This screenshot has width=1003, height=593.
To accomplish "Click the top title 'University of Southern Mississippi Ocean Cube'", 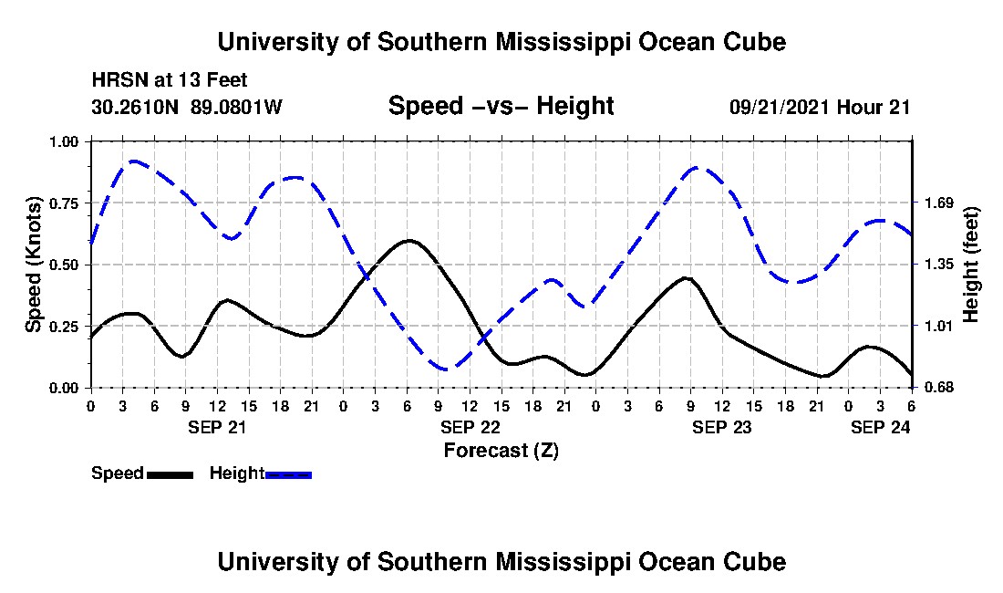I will tap(501, 42).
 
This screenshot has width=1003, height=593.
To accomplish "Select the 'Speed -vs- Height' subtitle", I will tap(501, 106).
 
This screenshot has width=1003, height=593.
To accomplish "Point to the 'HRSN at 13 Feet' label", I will tap(170, 81).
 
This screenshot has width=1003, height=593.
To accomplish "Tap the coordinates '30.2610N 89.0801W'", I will tap(187, 107).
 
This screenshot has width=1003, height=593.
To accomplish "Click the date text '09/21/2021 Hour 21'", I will tap(820, 107).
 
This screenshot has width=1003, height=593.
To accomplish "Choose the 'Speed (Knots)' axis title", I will tap(34, 265).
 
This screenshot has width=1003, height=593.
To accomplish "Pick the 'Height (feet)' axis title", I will tap(970, 265).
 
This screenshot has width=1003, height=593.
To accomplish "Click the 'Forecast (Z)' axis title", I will tap(501, 450).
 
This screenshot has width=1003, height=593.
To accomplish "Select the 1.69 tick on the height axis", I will tap(937, 203).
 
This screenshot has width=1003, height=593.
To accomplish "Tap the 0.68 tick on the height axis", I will tap(937, 388).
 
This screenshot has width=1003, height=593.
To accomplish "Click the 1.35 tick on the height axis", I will tap(937, 265).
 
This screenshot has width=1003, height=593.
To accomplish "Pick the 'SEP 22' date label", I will tap(470, 427).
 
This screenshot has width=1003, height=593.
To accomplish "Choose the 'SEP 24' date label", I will tap(881, 427).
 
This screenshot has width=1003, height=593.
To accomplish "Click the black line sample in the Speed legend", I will tap(170, 474).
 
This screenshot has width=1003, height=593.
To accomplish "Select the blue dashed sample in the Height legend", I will tap(288, 474).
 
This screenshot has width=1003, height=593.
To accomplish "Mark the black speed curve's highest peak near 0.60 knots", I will tap(408, 241).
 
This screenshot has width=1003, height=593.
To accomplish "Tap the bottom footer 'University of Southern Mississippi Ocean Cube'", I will tap(501, 562).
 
